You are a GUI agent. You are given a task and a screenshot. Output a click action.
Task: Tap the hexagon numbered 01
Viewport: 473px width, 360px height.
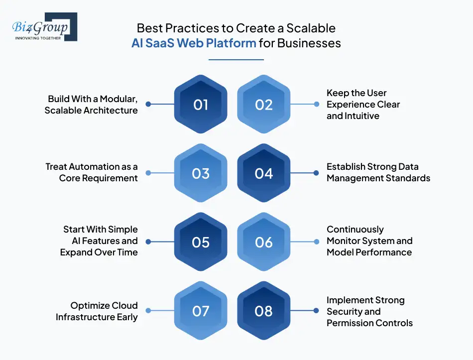pyautogui.click(x=201, y=105)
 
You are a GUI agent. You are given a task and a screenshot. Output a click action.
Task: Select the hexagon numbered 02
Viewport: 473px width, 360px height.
pyautogui.click(x=264, y=105)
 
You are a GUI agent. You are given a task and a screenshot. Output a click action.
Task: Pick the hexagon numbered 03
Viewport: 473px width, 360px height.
pyautogui.click(x=201, y=173)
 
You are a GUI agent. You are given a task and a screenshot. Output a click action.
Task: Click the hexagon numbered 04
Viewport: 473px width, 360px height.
pyautogui.click(x=264, y=173)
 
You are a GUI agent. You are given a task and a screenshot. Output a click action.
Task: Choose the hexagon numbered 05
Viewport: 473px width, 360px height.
pyautogui.click(x=201, y=242)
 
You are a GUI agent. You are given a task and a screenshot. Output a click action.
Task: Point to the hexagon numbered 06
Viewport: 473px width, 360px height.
pyautogui.click(x=264, y=242)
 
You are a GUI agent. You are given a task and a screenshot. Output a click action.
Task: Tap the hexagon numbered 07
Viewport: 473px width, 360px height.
pyautogui.click(x=201, y=311)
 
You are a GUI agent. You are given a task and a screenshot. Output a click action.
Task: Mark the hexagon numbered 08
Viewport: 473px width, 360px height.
pyautogui.click(x=264, y=311)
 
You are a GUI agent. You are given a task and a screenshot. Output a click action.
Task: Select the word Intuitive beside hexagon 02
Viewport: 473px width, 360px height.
pyautogui.click(x=360, y=116)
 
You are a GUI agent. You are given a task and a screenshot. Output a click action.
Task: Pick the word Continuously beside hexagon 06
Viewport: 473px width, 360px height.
pyautogui.click(x=355, y=230)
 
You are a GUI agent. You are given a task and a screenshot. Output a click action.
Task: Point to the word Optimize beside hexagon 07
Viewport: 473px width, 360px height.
pyautogui.click(x=90, y=306)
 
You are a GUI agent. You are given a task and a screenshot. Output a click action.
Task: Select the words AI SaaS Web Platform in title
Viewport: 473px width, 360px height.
pyautogui.click(x=194, y=43)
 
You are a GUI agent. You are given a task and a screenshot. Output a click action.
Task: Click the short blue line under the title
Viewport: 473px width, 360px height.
pyautogui.click(x=236, y=60)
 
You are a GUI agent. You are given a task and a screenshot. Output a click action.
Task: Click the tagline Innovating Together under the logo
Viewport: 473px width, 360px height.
pyautogui.click(x=38, y=38)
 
